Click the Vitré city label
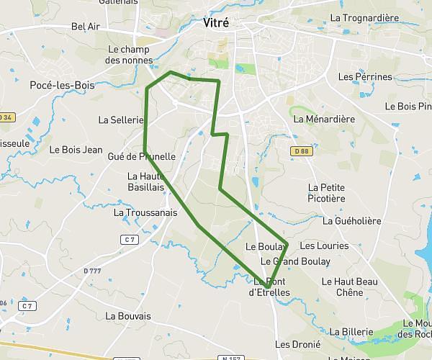pyautogui.click(x=216, y=23)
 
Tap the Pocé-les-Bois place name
pyautogui.click(x=63, y=85)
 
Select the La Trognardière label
pyautogui.click(x=364, y=17)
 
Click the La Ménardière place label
pyautogui.click(x=325, y=119)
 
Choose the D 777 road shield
pyautogui.click(x=91, y=270)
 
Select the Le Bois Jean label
pyautogui.click(x=76, y=150)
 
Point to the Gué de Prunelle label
pyautogui.click(x=141, y=156)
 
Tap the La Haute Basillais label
pyautogui.click(x=147, y=181)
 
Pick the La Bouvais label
pyautogui.click(x=128, y=315)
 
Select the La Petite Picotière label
pyautogui.click(x=326, y=193)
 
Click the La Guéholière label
pyautogui.click(x=352, y=221)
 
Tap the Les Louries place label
pyautogui.click(x=323, y=246)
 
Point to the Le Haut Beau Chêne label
pyautogui.click(x=350, y=287)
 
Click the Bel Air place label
pyautogui.click(x=86, y=27)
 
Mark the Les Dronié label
pyautogui.click(x=297, y=344)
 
